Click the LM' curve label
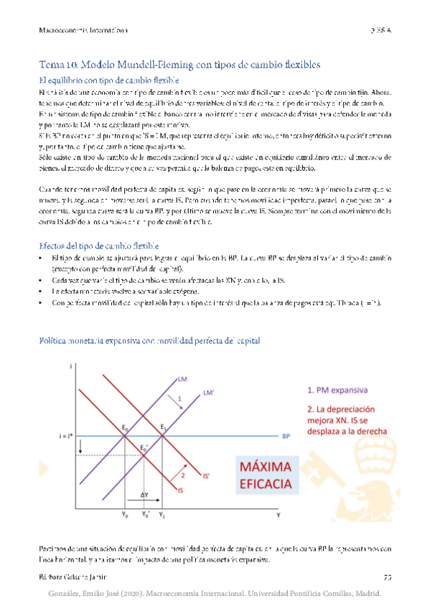pyautogui.click(x=209, y=392)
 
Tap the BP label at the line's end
pyautogui.click(x=286, y=436)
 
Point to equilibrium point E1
pyautogui.click(x=163, y=428)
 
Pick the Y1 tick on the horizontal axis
pyautogui.click(x=161, y=514)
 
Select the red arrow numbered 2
pyautogui.click(x=179, y=473)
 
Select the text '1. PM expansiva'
pyautogui.click(x=339, y=391)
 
